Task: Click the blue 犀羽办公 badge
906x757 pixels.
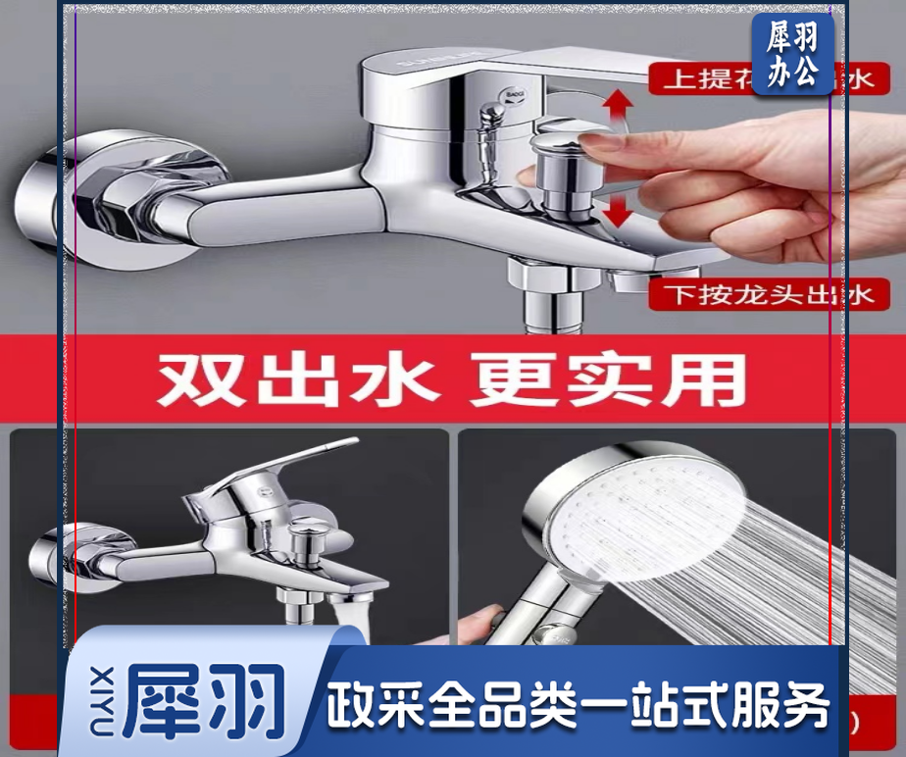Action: click(x=792, y=55)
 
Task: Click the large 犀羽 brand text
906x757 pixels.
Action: click(x=206, y=698)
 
